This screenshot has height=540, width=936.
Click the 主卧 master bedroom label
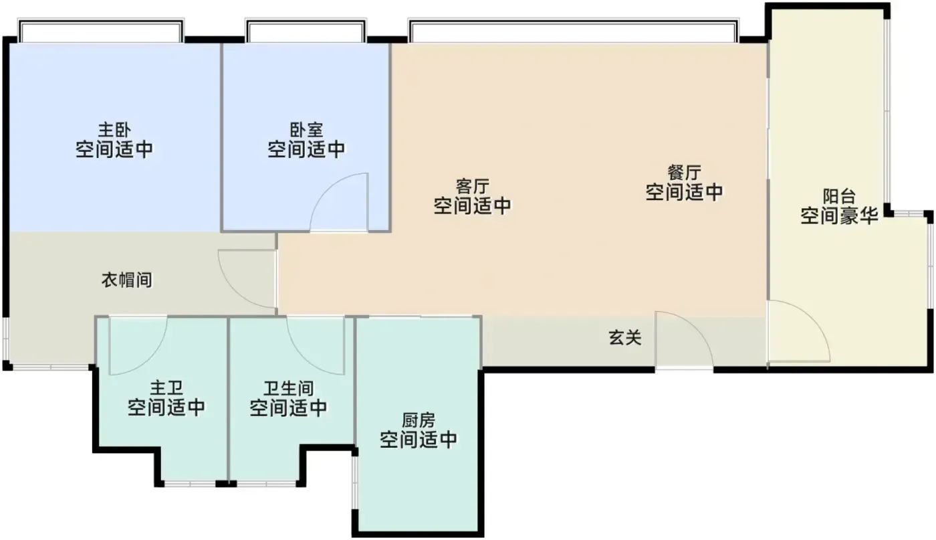coord(114,130)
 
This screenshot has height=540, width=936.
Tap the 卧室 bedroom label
coord(306,130)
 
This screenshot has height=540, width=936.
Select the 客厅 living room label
coord(472,187)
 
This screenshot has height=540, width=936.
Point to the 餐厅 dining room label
coord(684,173)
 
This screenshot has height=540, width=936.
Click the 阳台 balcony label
coord(839,197)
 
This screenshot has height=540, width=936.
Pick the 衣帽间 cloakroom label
coord(126,280)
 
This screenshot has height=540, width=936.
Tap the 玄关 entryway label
coord(624,337)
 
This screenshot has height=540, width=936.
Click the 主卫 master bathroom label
coord(166,388)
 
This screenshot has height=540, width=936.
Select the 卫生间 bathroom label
coord(288,389)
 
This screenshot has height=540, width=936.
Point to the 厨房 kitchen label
coord(419,420)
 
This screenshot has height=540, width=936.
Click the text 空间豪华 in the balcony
coord(839,216)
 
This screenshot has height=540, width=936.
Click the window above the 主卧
coord(101,31)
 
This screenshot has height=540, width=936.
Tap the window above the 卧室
coord(306,31)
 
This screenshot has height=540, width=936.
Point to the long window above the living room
coord(574,31)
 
